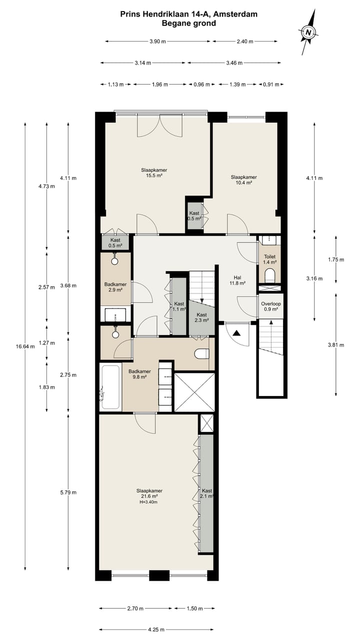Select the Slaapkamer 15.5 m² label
point(153,173)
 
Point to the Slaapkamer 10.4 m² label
point(243,180)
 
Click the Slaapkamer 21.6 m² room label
point(149,494)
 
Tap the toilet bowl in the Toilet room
point(269,275)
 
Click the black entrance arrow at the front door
point(237,332)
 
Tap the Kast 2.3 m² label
point(201,317)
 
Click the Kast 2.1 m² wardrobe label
point(207,493)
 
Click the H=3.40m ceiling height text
point(149,502)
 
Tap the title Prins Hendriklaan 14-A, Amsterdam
point(189,14)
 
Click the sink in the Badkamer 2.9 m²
point(115,315)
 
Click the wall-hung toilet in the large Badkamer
point(201,353)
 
